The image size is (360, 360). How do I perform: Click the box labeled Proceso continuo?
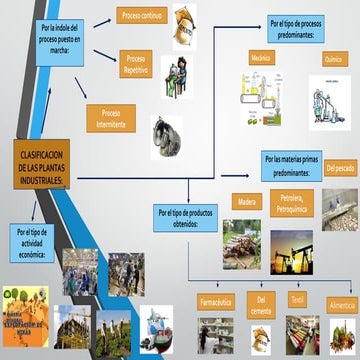point(143,18)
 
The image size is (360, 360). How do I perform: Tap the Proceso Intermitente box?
point(111,118)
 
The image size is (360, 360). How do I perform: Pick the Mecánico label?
point(260,59)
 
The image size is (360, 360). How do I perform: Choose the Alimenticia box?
point(341,302)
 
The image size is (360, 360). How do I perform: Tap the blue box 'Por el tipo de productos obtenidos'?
point(184,218)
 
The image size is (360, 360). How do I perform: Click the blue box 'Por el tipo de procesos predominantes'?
point(306,27)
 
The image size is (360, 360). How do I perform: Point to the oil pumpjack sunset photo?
point(291,254)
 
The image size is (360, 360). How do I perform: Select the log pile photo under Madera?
point(242,243)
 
